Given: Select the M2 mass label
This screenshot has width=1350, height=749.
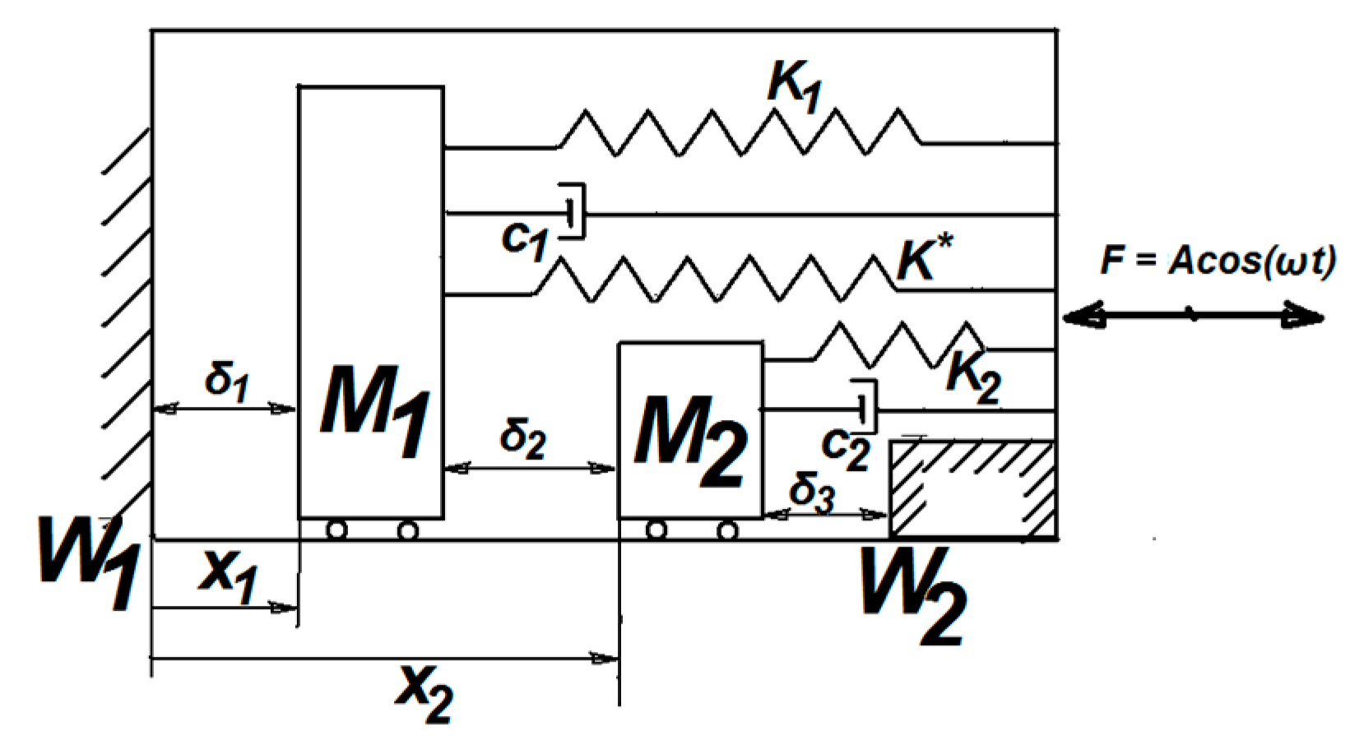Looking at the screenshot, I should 689,440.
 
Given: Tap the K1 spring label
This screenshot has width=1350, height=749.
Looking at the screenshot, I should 794,86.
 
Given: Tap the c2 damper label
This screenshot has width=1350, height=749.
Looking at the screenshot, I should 845,449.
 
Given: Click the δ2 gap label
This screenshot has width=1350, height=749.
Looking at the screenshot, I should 522,437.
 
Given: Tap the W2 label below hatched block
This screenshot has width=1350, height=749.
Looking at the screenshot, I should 912,596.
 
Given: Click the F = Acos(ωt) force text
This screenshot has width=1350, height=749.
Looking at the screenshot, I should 1218,261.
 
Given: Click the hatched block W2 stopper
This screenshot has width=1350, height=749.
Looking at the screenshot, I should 973,489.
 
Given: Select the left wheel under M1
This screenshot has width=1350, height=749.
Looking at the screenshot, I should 336,530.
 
